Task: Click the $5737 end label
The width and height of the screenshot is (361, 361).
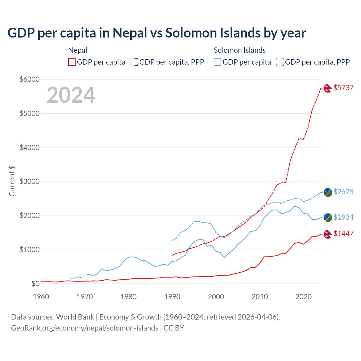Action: [343, 88]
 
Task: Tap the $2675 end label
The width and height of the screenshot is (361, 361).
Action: [343, 192]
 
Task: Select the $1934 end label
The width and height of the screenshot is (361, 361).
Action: [343, 217]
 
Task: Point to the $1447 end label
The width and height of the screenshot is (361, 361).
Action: [343, 234]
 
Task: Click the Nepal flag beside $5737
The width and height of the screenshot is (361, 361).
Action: [327, 88]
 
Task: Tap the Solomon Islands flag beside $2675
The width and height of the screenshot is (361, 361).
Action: [328, 192]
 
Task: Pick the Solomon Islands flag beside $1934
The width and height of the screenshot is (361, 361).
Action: [328, 217]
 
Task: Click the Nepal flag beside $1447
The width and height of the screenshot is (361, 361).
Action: [327, 234]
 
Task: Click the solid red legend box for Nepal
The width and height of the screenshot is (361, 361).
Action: [72, 62]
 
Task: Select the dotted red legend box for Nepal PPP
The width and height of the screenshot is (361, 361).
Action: [134, 62]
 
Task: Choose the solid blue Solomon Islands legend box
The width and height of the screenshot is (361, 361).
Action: [217, 62]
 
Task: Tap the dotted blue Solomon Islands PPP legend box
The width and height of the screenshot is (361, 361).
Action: [280, 62]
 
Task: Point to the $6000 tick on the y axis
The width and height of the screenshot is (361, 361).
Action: [29, 79]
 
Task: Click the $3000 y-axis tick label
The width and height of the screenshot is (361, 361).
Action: [29, 181]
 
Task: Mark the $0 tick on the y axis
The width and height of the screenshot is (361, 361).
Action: [35, 283]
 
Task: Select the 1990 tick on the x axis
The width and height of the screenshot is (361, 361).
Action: [172, 297]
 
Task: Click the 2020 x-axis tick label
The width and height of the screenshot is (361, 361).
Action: [303, 297]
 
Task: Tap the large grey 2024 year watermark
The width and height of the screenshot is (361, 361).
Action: [71, 95]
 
